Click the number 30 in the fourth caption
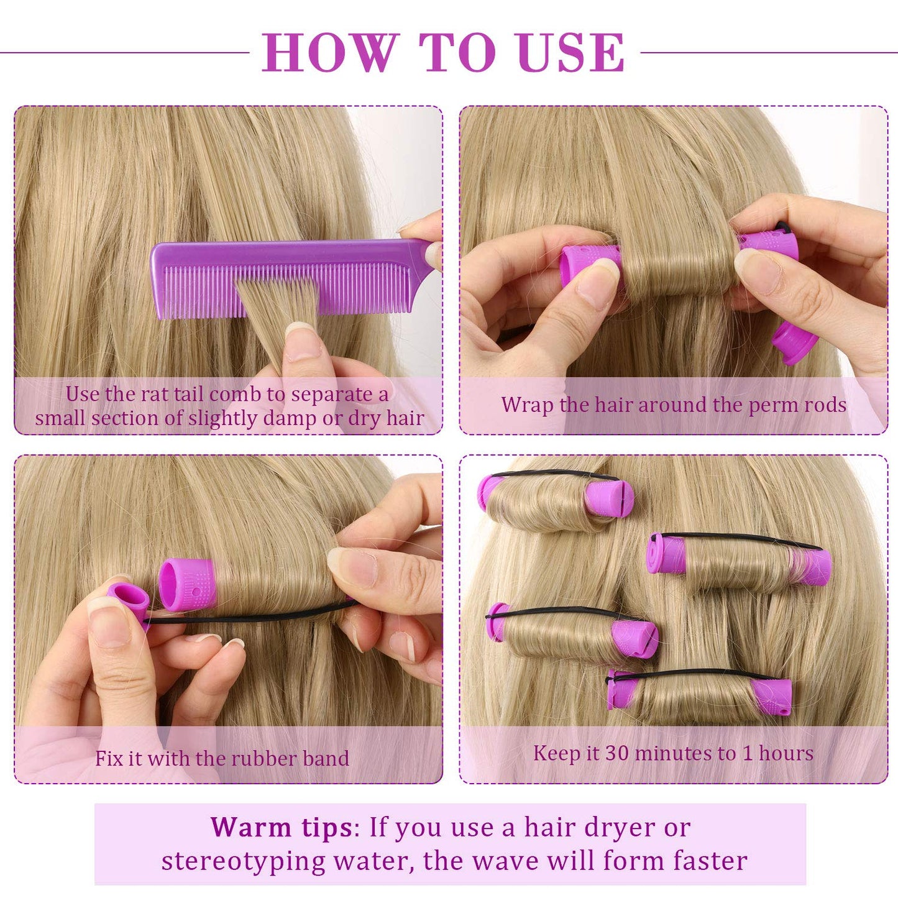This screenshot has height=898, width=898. click(617, 753)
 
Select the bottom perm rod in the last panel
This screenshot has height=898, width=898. click(699, 696)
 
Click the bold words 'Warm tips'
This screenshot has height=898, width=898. click(281, 827)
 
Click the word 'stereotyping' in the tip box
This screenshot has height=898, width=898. click(243, 861)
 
